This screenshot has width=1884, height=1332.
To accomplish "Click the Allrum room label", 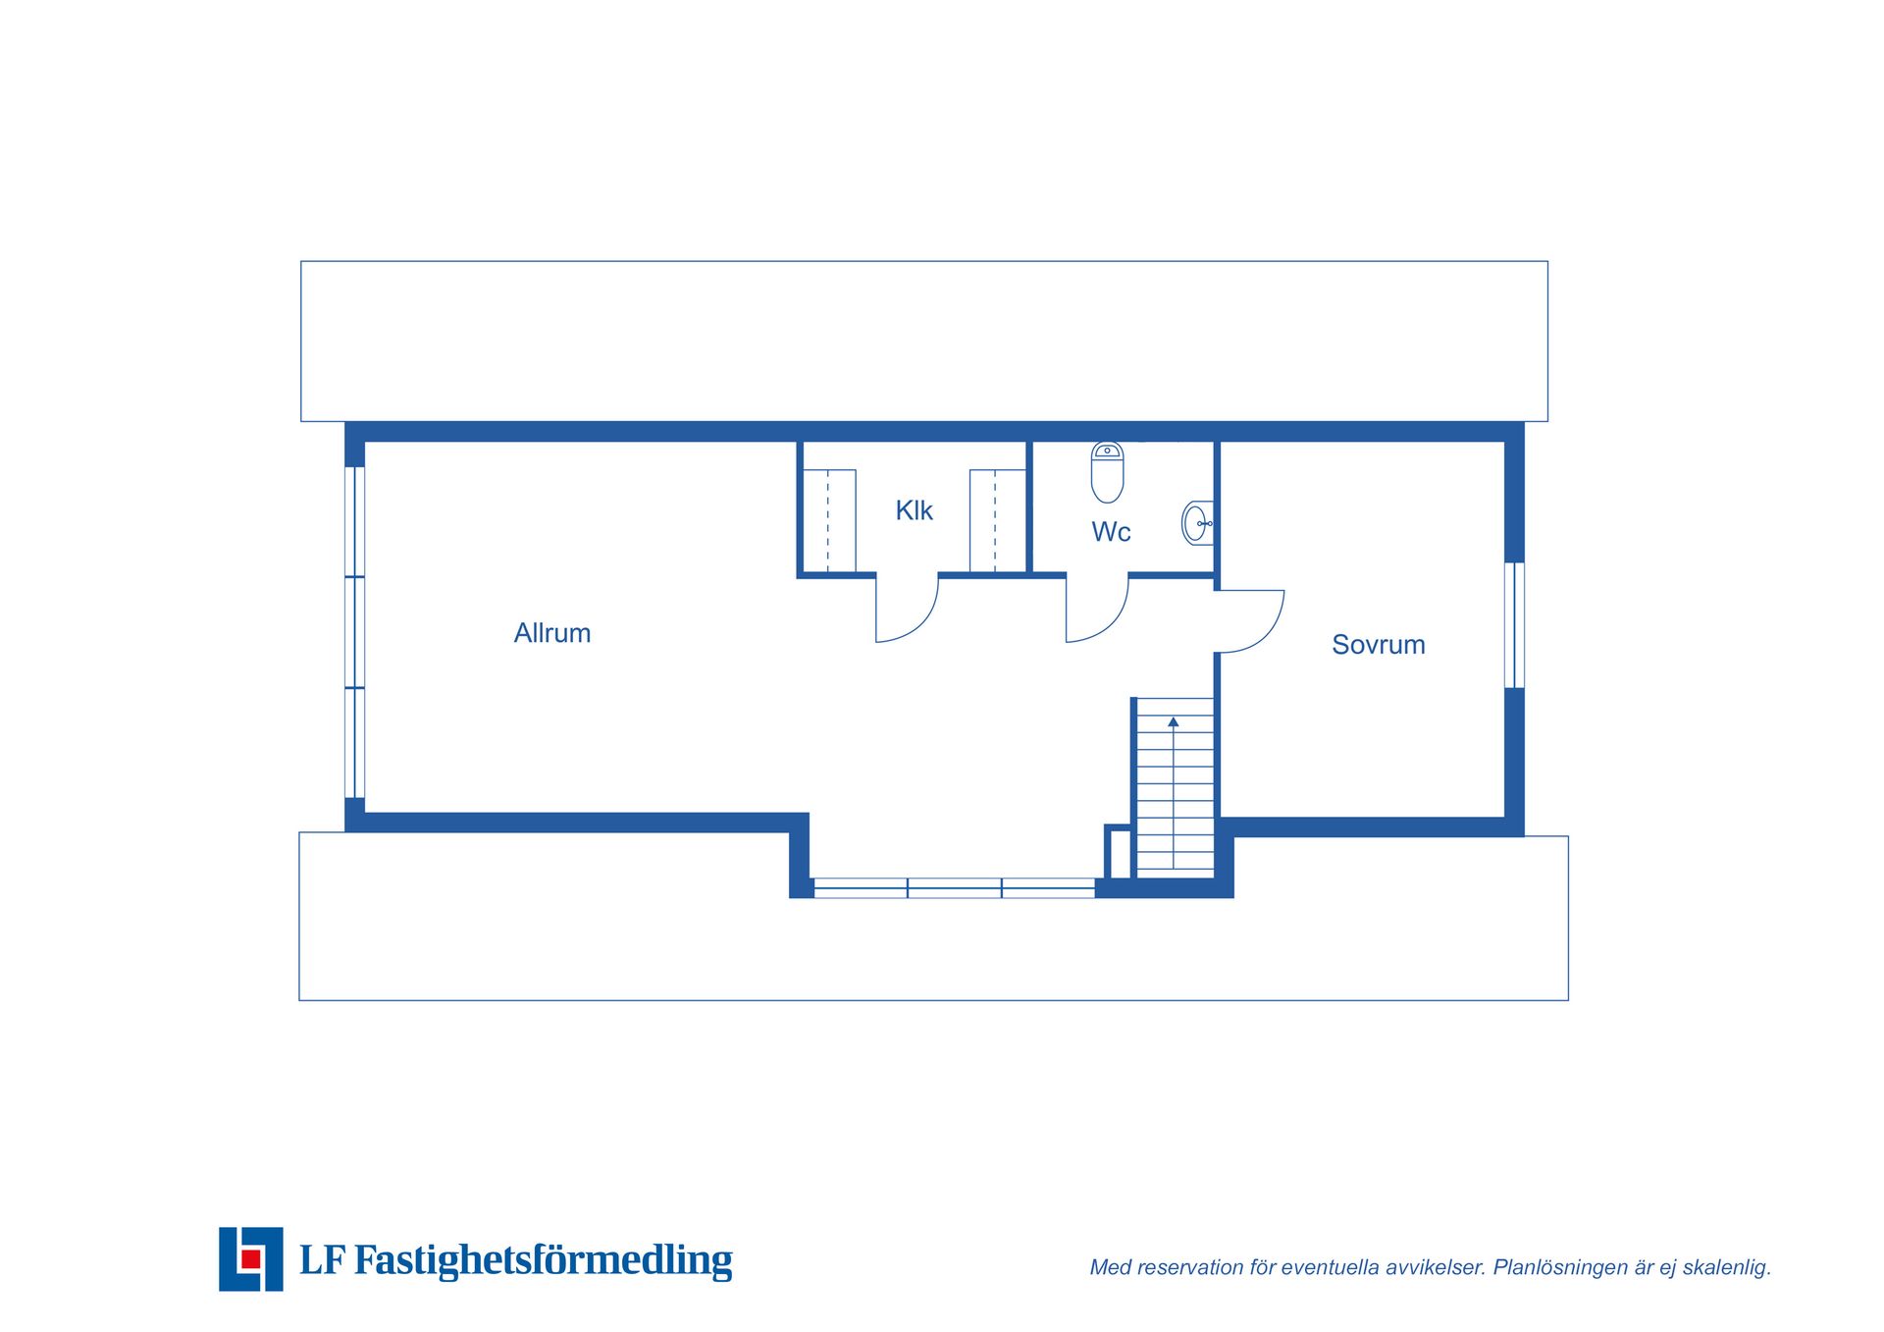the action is [x=552, y=633].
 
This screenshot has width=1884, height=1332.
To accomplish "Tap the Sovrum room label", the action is [x=1378, y=645].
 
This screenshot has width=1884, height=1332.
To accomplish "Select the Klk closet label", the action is [x=914, y=510].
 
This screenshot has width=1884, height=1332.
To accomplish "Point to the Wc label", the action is [x=1111, y=532].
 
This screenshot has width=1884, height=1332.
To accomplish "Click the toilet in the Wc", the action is [x=1107, y=472].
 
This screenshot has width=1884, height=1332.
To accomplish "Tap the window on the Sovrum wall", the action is [x=1514, y=625].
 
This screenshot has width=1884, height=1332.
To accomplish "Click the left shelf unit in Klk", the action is [x=829, y=521].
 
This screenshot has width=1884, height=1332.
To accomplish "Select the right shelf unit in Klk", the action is [x=997, y=521].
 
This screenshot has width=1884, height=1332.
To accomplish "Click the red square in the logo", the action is [x=251, y=1258].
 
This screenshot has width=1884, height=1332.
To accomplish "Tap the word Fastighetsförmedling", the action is [x=543, y=1260].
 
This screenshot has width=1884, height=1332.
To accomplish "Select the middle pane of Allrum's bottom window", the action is [x=955, y=888].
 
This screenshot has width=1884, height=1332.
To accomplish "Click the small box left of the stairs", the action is [x=1118, y=852].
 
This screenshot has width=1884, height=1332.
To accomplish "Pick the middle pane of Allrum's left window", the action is [x=355, y=632].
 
